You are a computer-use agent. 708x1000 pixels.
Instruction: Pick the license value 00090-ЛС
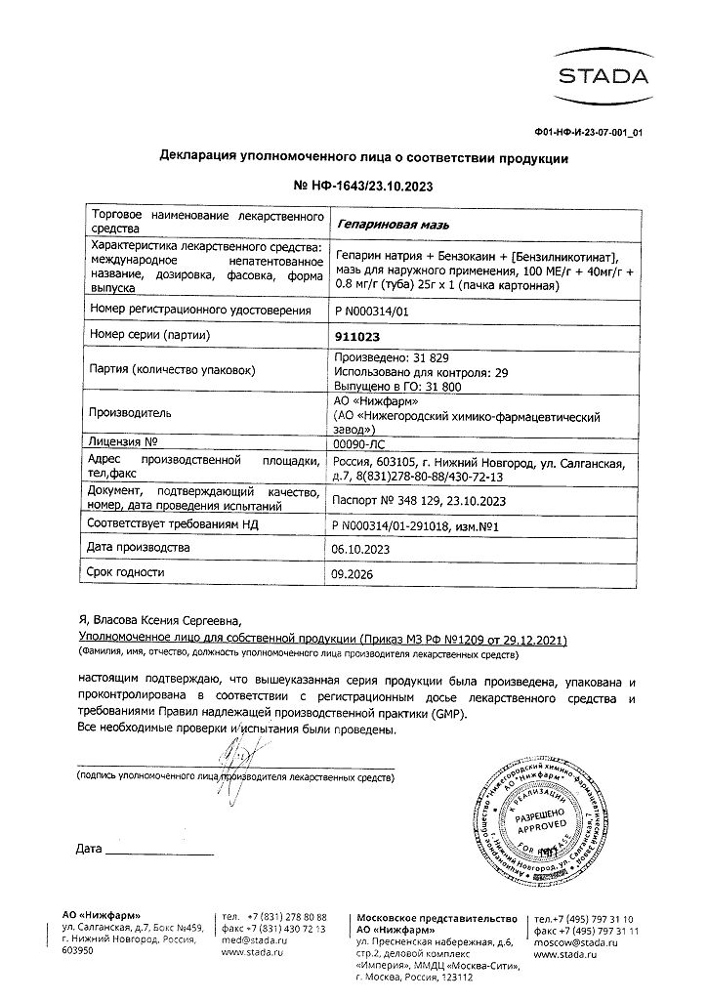[361, 442]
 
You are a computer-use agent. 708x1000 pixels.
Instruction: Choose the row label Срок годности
[126, 572]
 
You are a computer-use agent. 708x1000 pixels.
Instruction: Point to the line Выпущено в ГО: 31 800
[395, 387]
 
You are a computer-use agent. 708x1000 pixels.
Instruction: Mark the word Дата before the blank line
[88, 848]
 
